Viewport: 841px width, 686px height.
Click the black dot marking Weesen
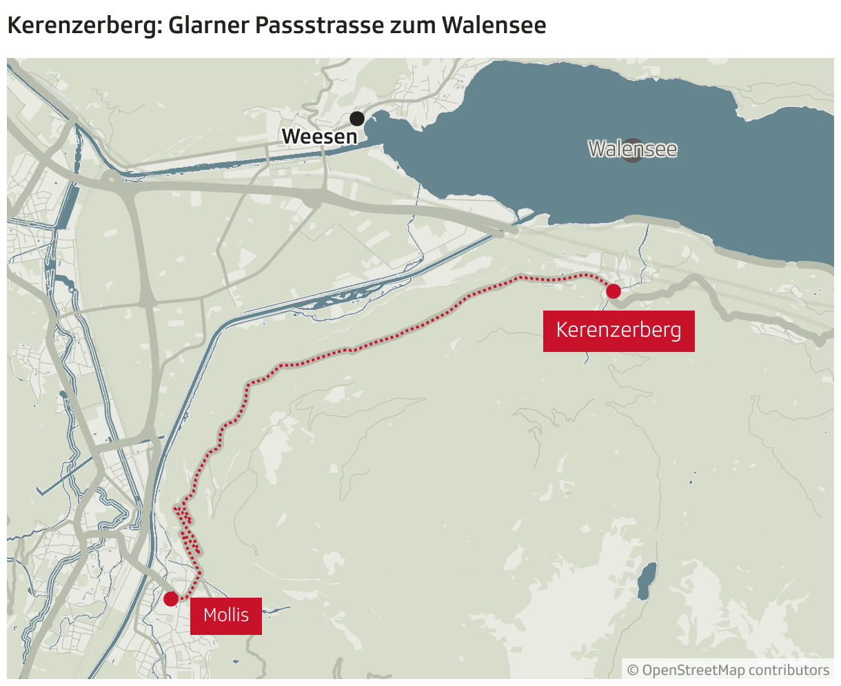click(357, 119)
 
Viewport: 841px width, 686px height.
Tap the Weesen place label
click(320, 137)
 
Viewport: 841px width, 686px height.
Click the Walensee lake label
click(633, 149)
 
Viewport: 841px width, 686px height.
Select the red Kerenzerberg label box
click(618, 331)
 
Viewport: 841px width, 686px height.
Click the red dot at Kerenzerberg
click(613, 291)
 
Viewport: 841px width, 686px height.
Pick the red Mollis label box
click(226, 615)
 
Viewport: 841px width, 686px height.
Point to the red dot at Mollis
click(171, 598)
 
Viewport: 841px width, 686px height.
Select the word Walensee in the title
click(494, 26)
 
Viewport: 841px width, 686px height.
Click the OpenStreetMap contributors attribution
click(728, 670)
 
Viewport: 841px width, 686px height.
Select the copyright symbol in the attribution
click(633, 670)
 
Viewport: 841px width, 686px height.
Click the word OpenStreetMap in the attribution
click(693, 670)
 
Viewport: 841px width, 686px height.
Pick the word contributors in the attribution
click(789, 670)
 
